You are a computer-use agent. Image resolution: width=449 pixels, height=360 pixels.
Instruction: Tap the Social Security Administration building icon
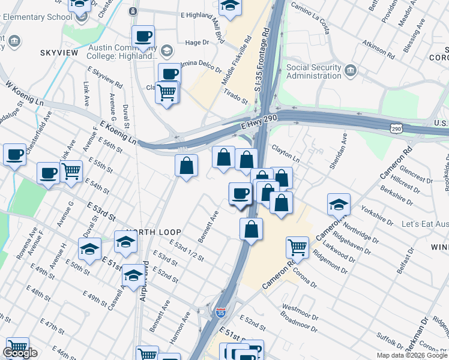(x=351, y=71)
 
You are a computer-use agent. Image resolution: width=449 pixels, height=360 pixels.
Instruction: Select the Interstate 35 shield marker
(x=220, y=313)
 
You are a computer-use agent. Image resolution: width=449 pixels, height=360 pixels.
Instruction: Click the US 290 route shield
(x=396, y=128)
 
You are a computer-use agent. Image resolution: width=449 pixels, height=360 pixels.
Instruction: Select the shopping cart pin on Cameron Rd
(x=298, y=246)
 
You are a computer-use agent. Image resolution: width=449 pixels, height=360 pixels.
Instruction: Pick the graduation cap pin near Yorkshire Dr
(x=339, y=204)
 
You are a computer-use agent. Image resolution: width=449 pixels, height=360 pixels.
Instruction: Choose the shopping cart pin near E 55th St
(x=71, y=170)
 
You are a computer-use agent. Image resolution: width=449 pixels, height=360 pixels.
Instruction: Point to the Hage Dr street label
(x=197, y=43)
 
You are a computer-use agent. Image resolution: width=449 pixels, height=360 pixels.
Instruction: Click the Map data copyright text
(x=412, y=355)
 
